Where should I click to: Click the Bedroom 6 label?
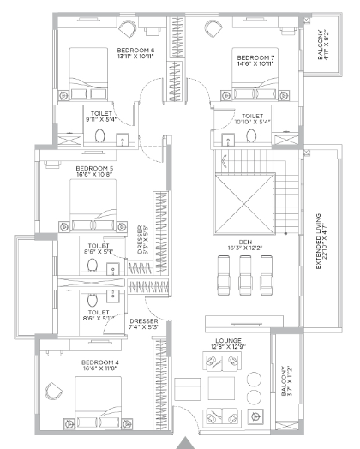coord(135,53)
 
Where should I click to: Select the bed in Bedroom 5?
coord(93,205)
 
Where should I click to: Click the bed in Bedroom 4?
coord(98,403)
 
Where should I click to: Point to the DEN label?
coord(245,242)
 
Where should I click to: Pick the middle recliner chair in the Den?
coord(245,275)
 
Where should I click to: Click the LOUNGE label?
coord(228,341)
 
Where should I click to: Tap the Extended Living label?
coord(321,241)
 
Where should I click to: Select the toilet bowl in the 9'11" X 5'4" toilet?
coord(100,135)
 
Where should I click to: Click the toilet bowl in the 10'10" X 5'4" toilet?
coord(251,135)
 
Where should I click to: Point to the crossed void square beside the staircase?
coord(244,203)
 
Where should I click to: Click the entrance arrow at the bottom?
coord(185,443)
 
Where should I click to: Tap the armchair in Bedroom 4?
coord(53,391)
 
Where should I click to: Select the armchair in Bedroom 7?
coord(213,28)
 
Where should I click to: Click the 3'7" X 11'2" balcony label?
coord(286,380)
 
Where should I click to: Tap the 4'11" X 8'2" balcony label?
coord(323,45)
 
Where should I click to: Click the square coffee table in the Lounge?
coord(221,388)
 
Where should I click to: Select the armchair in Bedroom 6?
coord(127,28)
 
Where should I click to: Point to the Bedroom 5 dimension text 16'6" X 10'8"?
coord(94,174)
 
